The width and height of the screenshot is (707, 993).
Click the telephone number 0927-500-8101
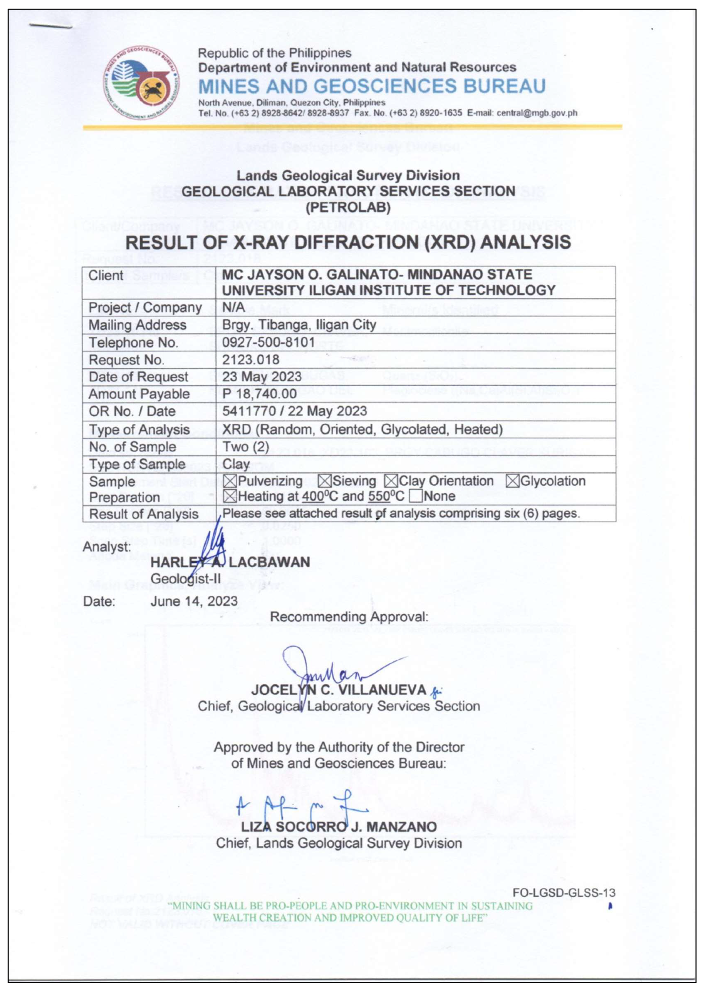point(268,342)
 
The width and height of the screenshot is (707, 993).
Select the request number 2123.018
point(251,360)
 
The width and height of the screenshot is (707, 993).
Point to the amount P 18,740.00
point(260,394)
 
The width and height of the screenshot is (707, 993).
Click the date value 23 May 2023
point(262,377)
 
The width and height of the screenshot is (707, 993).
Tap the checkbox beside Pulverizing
point(230,481)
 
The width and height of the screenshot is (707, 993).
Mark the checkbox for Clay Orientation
point(391,481)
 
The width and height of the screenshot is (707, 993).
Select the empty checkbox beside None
point(416,496)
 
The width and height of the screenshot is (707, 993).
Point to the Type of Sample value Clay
point(236,464)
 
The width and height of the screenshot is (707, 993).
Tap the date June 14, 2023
point(194,601)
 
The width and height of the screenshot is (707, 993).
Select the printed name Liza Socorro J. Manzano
point(339,827)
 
